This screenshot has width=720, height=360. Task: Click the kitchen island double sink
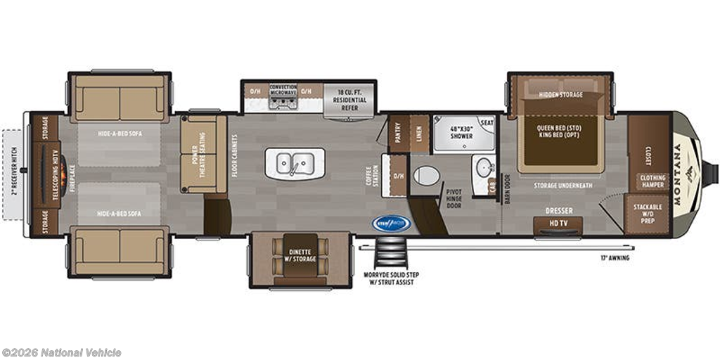tap(295, 163)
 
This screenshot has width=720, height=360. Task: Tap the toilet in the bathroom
tap(426, 175)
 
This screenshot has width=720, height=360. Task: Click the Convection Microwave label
tap(283, 90)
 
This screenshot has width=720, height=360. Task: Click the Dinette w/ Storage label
tap(300, 255)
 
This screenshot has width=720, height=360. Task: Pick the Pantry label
tap(398, 133)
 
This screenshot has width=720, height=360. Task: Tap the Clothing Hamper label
tap(652, 182)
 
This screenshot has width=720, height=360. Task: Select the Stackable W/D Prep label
tap(648, 213)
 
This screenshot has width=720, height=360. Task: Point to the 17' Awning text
tap(615, 258)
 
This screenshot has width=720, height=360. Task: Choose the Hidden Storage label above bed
tap(560, 94)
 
